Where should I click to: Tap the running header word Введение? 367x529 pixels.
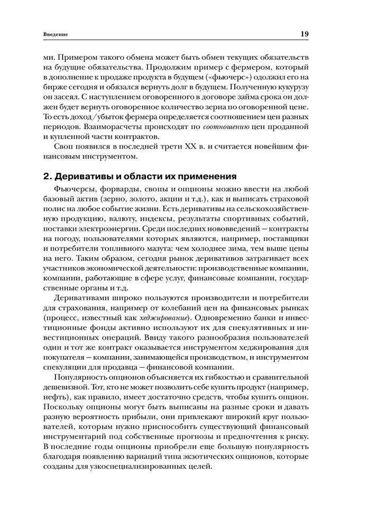click(x=56, y=35)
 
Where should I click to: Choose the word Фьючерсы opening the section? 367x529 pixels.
click(x=75, y=189)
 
